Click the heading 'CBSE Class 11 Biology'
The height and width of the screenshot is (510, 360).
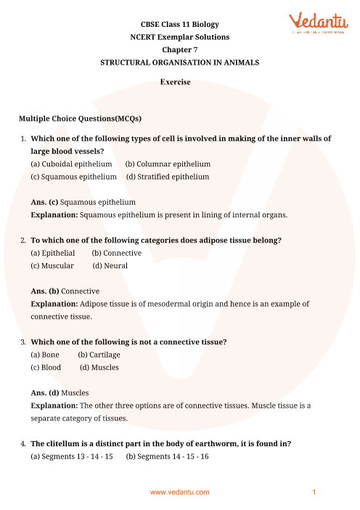click(x=179, y=23)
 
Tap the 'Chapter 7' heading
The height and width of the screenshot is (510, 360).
click(x=179, y=49)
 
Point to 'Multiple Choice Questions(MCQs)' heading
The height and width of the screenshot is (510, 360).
click(x=80, y=118)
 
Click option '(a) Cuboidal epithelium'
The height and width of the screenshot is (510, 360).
click(x=71, y=164)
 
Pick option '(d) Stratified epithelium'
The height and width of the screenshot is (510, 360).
click(x=168, y=177)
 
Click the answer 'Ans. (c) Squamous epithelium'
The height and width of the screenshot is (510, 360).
click(x=83, y=201)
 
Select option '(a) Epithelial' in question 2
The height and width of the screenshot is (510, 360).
click(x=53, y=253)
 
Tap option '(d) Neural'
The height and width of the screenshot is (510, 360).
click(x=110, y=265)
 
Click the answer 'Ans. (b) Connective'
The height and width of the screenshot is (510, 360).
click(x=65, y=291)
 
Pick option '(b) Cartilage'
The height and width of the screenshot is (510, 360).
click(x=99, y=355)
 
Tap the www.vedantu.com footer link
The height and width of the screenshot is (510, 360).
click(x=179, y=493)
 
